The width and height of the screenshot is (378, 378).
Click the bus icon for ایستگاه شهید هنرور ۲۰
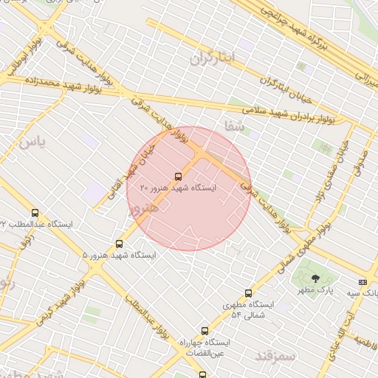(178, 176)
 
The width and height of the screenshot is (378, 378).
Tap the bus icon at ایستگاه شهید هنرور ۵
(119, 244)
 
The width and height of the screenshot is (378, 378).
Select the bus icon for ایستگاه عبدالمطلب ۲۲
(35, 213)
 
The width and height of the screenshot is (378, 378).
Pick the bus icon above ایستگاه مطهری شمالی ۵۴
(248, 293)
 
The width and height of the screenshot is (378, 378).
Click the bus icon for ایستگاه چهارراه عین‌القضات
(205, 331)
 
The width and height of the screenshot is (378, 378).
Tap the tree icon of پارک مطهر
(316, 278)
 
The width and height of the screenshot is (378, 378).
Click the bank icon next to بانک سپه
(362, 282)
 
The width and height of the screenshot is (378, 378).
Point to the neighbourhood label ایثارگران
(216, 58)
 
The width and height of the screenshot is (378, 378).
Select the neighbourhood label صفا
(235, 126)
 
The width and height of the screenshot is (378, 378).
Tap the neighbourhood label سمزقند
(275, 357)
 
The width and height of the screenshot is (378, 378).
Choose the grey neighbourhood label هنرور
(143, 207)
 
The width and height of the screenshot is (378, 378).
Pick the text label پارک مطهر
(316, 290)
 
